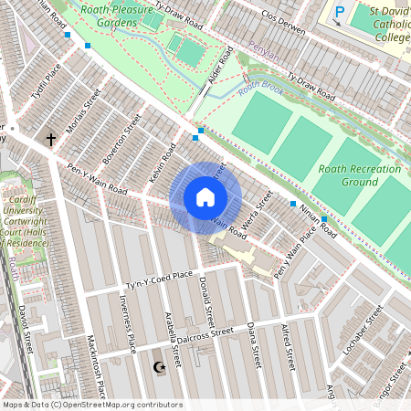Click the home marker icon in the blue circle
click(205, 197)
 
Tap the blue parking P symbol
click(340, 13)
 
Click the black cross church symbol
click(51, 140)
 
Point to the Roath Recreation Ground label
click(360, 175)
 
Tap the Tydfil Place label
click(46, 80)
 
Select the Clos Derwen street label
click(282, 23)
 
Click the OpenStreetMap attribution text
click(91, 405)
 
